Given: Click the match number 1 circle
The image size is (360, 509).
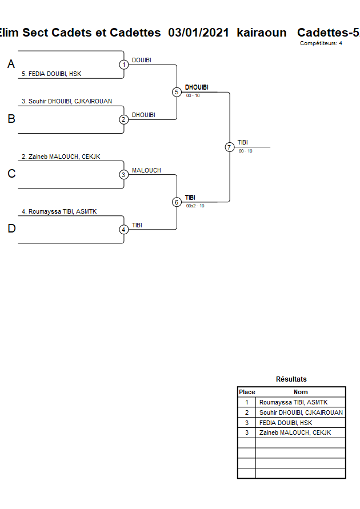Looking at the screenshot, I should tap(124, 65).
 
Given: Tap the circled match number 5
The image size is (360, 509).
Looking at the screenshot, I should tap(177, 92).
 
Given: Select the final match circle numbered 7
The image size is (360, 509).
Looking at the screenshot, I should tap(230, 147).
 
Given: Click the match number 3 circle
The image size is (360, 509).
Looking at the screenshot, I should tap(124, 175).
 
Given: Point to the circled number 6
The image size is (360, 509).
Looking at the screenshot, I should tap(177, 202).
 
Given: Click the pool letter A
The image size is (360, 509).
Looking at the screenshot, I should tap(11, 65).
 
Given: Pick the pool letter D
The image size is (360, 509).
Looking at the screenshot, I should tap(11, 229).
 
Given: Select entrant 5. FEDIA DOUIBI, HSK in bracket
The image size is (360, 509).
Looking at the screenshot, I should tap(51, 74).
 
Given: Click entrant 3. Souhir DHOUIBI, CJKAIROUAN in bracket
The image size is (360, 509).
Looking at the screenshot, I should tap(67, 101).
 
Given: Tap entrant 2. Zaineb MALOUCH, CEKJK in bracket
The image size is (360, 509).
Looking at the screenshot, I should tap(61, 157).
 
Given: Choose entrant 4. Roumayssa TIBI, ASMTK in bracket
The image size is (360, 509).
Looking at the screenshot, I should tap(59, 211).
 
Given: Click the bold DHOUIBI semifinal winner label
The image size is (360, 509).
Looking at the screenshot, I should tap(197, 87).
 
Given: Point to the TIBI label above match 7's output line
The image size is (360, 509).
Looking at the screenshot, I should tap(243, 143).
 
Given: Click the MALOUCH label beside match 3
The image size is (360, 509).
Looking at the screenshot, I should tap(146, 170).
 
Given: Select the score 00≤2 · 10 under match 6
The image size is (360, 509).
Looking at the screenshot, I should tap(195, 206).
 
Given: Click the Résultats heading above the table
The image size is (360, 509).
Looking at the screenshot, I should tap(291, 379).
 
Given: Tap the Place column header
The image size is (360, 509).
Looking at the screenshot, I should tap(247, 392).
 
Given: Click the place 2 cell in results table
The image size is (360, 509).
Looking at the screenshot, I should tap(247, 412).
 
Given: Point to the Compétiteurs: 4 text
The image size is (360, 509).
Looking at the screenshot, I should tap(321, 43).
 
